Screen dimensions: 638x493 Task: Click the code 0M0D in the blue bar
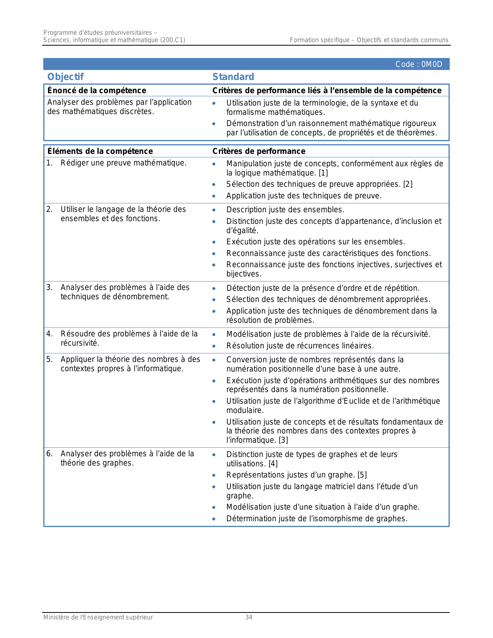419,64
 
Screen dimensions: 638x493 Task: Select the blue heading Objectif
65,77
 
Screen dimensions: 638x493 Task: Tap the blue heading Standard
233,77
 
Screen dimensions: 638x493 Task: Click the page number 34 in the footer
249,618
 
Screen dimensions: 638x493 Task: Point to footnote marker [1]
323,173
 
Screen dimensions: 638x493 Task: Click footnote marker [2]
408,184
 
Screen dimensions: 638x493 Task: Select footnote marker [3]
283,440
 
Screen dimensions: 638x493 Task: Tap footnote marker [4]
273,464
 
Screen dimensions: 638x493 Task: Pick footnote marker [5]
362,475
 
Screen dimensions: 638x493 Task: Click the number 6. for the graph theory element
49,454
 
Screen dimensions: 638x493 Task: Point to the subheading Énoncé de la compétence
97,90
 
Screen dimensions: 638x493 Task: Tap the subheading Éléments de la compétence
100,151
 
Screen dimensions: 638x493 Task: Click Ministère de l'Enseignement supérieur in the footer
98,618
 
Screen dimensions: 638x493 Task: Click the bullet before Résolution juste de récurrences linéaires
214,346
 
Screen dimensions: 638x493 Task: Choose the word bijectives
244,274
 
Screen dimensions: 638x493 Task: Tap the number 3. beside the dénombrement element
49,287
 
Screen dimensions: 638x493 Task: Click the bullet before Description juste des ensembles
214,210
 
